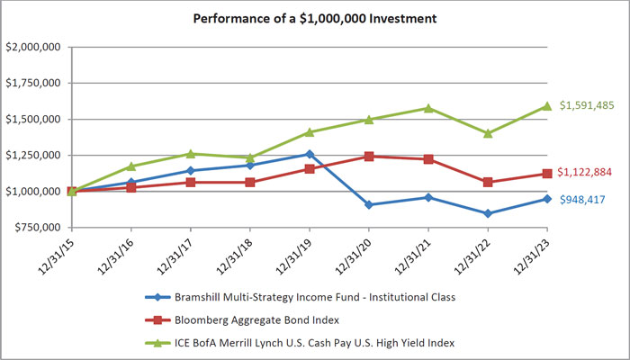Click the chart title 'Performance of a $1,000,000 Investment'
(x=314, y=17)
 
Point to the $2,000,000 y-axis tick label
(x=33, y=47)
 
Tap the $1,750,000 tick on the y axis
(x=33, y=83)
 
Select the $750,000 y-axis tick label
(x=36, y=227)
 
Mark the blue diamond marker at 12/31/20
(x=369, y=204)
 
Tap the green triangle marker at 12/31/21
(x=428, y=108)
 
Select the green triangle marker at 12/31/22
(x=488, y=133)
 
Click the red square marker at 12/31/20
(x=369, y=157)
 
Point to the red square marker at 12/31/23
(x=547, y=174)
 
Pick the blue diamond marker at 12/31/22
(x=488, y=213)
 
